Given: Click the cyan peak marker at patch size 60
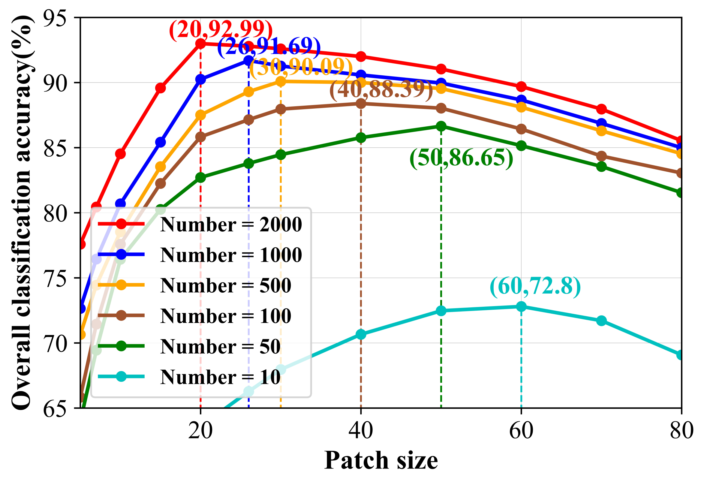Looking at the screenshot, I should click(521, 306).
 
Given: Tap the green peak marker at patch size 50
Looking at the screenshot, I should click(441, 126).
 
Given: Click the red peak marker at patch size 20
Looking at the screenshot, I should click(200, 44).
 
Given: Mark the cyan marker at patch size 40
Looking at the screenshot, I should click(361, 334).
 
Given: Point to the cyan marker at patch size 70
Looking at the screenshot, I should click(601, 321).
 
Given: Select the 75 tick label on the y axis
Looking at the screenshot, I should click(55, 278).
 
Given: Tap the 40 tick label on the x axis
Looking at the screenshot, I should click(360, 431).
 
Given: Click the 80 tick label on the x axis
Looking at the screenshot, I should click(681, 431).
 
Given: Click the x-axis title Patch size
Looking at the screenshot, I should click(381, 460).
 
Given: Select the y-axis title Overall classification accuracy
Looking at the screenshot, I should click(22, 212).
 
